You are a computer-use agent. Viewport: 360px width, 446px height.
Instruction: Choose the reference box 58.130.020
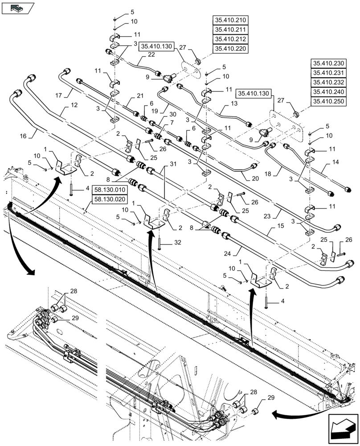click(x=110, y=200)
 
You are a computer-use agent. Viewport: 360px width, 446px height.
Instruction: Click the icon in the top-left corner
click(x=18, y=8)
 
